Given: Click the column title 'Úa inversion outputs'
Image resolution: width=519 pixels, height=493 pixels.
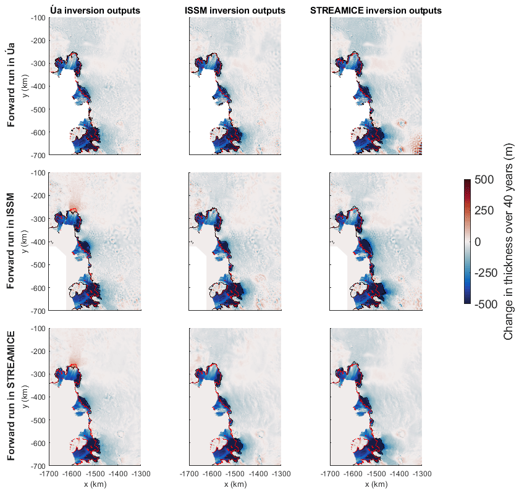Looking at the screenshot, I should click(x=95, y=11).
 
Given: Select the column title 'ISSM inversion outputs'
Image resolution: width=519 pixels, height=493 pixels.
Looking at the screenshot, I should click(x=235, y=11).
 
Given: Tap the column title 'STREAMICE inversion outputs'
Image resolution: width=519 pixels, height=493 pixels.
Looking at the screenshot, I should click(x=376, y=11).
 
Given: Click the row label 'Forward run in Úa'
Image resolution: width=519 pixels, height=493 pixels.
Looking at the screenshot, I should click(x=12, y=86).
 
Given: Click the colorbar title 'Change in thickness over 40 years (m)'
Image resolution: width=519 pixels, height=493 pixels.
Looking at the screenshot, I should click(x=508, y=241).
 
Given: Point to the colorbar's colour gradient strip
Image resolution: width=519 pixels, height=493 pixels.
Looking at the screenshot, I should click(x=468, y=241).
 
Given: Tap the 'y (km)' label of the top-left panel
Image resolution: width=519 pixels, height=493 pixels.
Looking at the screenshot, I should click(x=25, y=86).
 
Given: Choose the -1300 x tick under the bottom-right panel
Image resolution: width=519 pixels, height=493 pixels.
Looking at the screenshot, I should click(x=421, y=473).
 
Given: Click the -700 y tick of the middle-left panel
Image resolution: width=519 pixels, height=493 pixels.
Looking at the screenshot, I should click(x=38, y=311).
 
